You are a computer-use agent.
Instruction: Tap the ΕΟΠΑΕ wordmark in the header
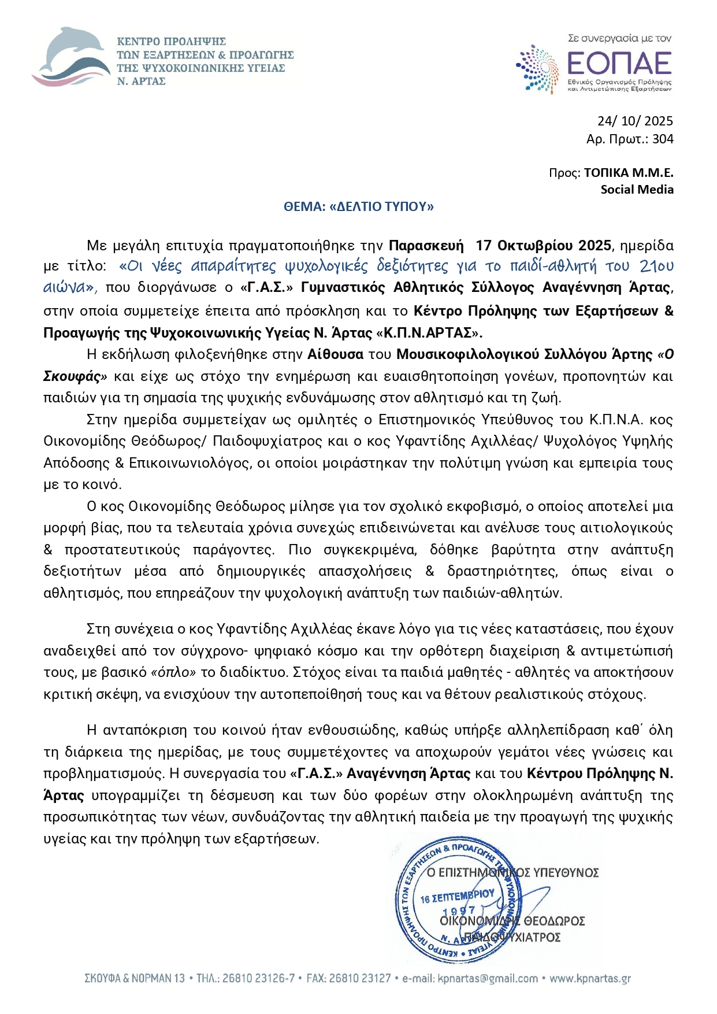pos(619,62)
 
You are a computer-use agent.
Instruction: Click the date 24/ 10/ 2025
pos(635,121)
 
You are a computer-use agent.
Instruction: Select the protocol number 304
pos(663,139)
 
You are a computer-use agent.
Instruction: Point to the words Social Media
pos(637,190)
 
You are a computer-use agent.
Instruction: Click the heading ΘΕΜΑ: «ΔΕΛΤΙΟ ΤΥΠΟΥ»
pos(358,207)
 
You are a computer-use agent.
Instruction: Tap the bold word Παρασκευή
pos(426,246)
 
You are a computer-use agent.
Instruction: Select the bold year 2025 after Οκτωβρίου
pos(595,246)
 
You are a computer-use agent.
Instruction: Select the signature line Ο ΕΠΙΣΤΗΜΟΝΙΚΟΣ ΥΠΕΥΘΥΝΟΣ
pos(512,872)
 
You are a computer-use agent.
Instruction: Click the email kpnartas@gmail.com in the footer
pos(488,979)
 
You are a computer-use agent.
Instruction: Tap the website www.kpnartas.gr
pos(590,979)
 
